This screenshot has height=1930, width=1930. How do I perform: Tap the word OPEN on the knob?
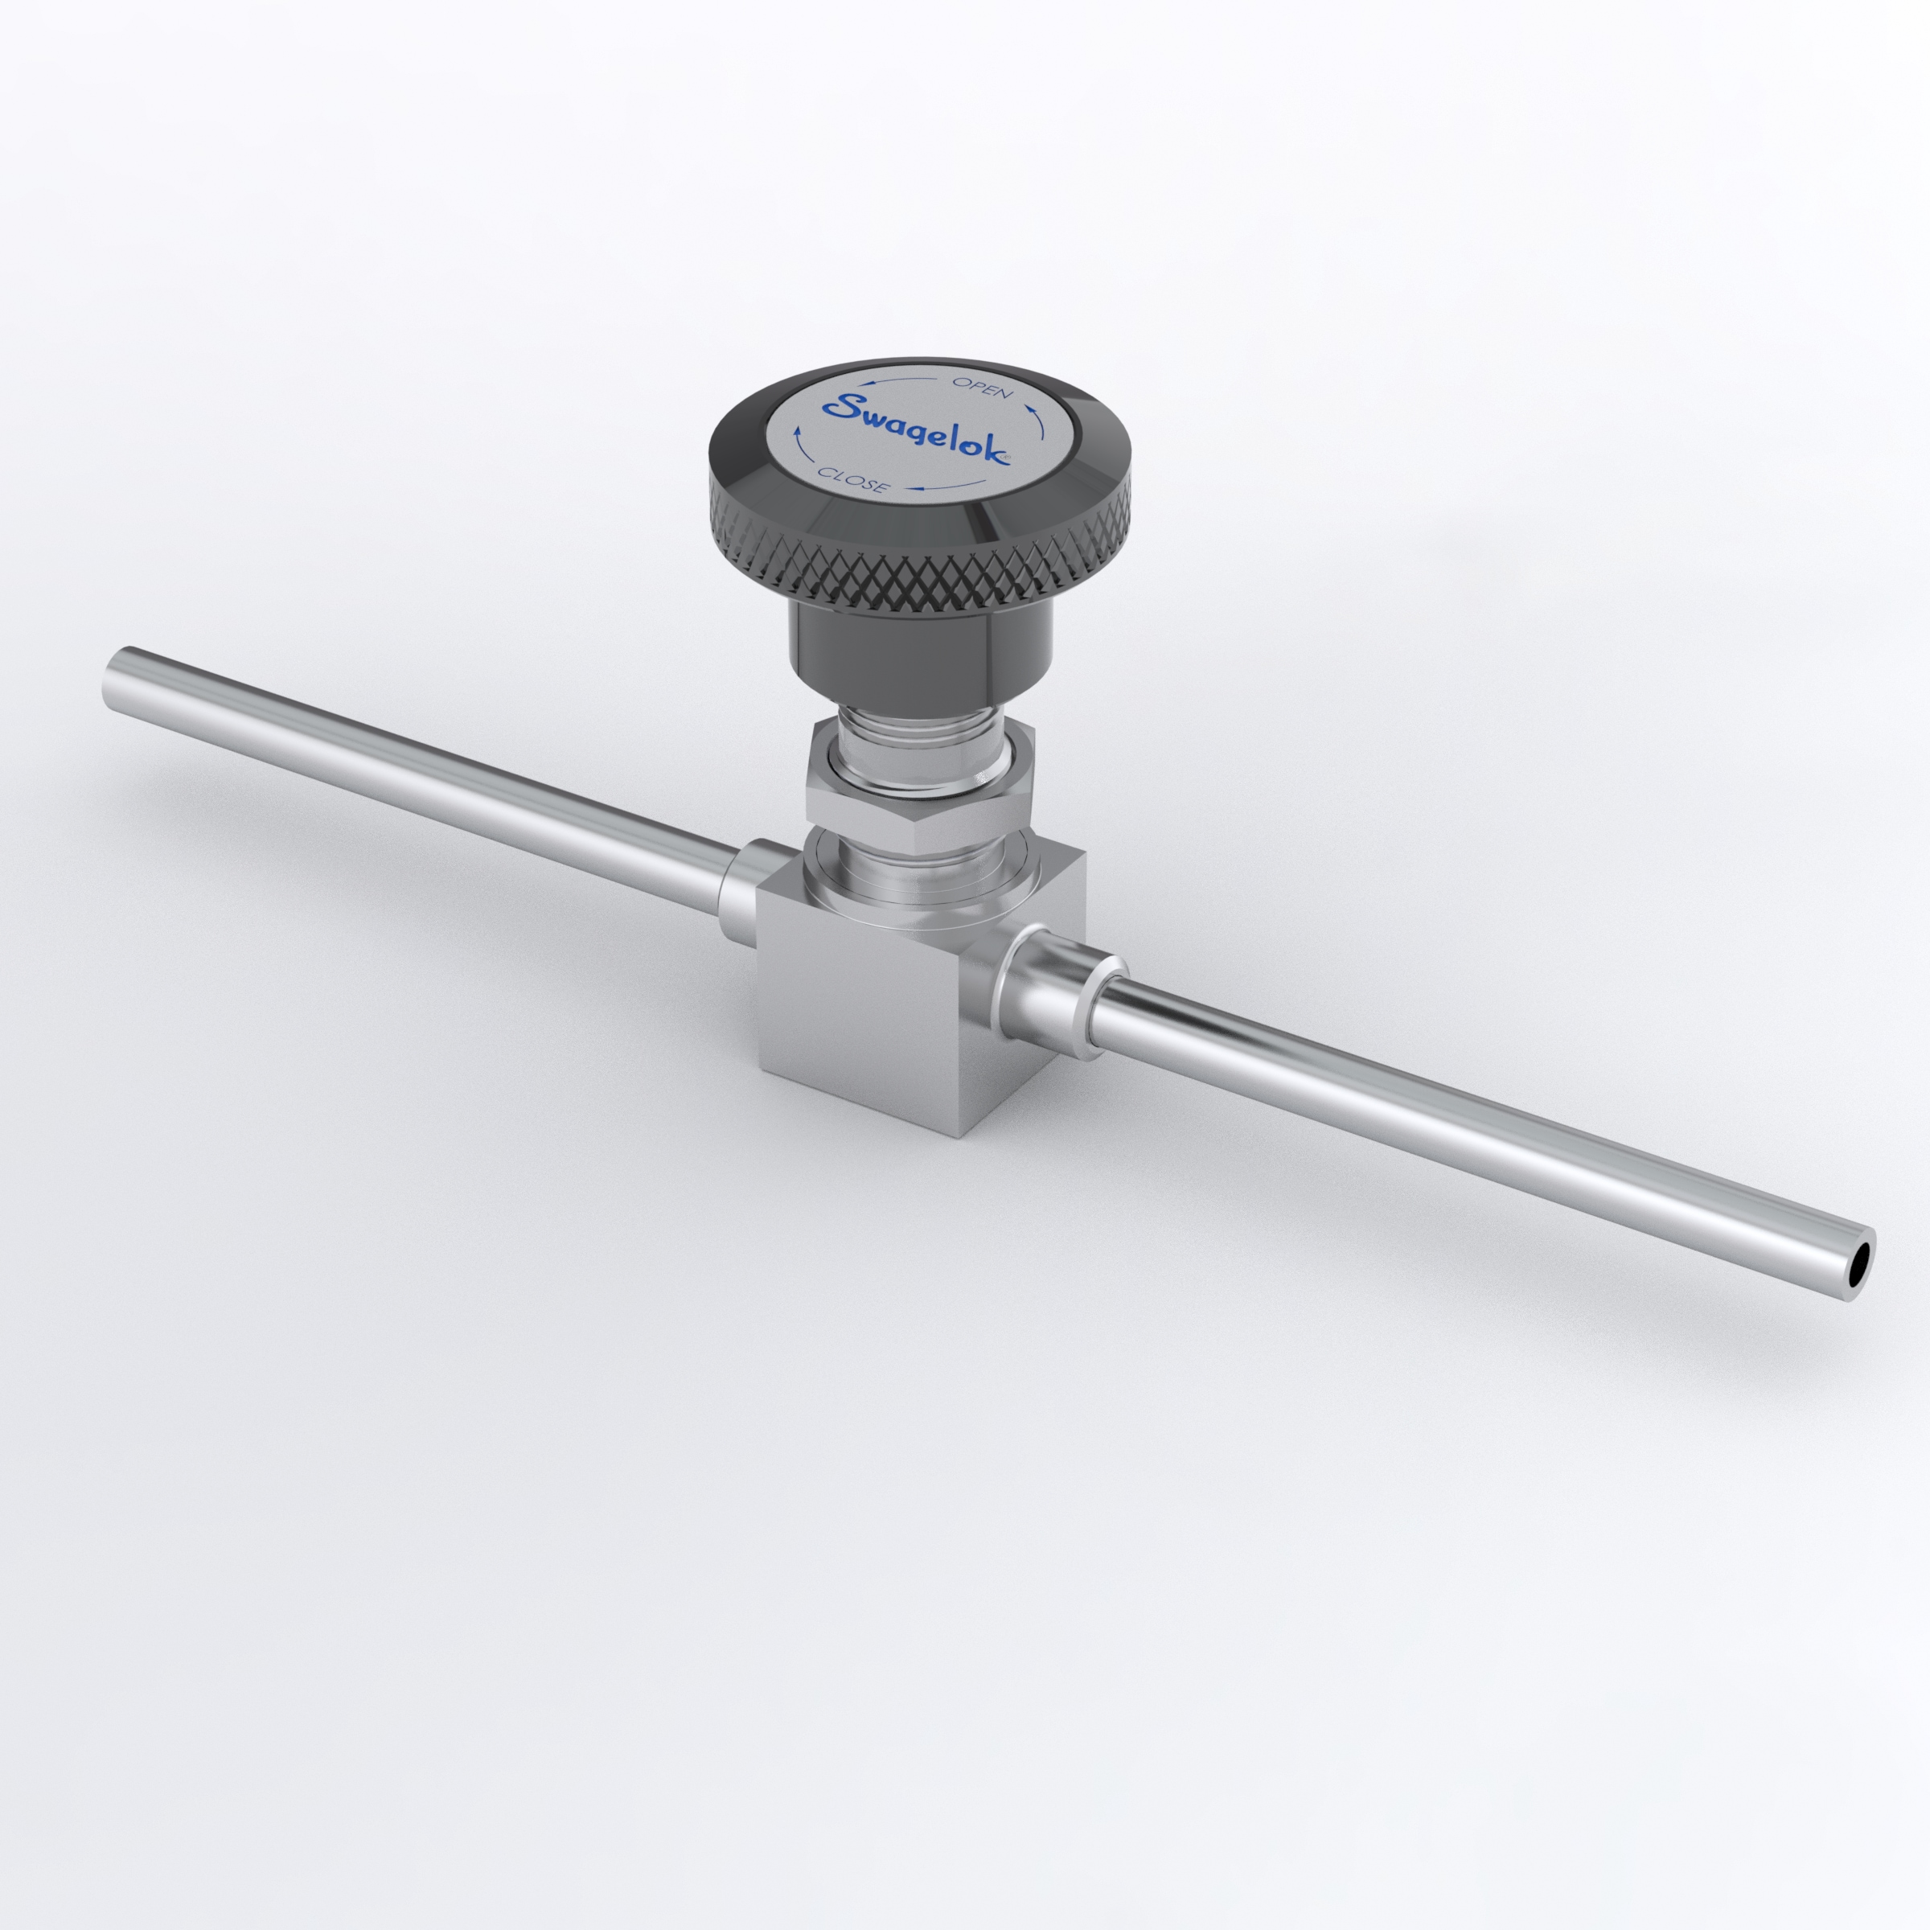click(982, 388)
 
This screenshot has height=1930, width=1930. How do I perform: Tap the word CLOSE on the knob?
click(851, 479)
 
